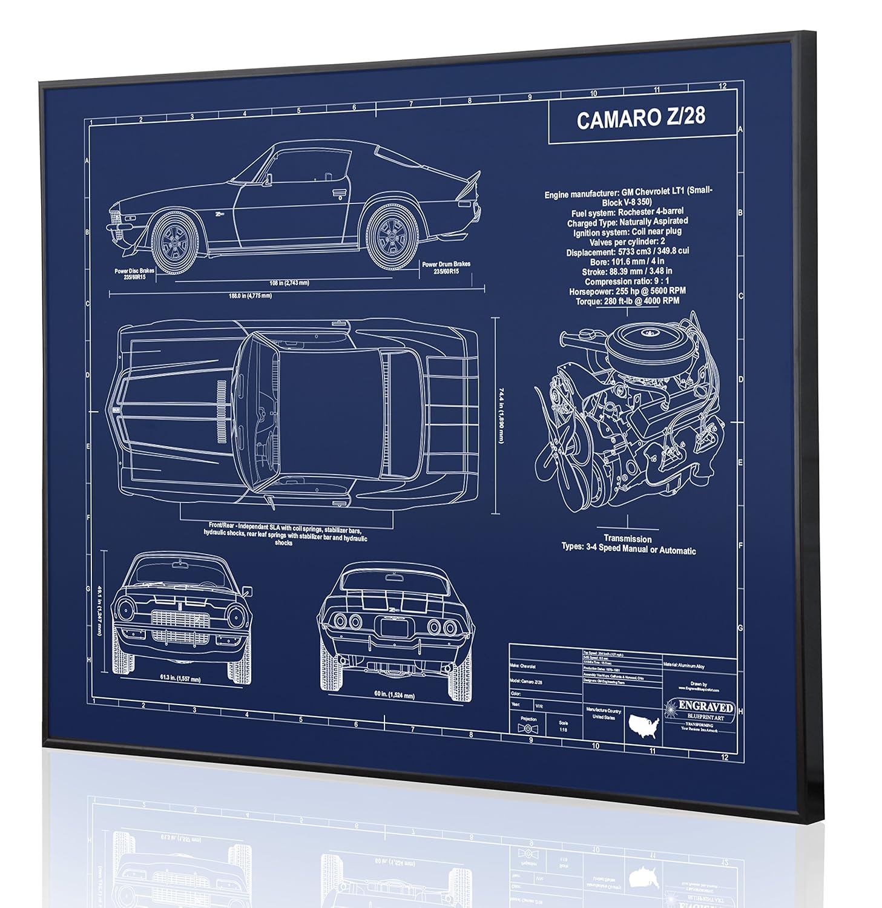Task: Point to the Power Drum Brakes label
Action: [446, 268]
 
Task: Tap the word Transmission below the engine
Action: [628, 538]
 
